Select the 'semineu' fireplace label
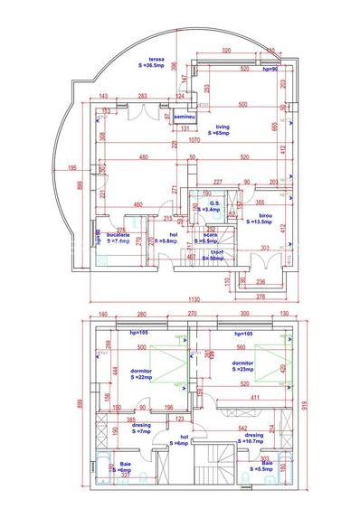coord(185,118)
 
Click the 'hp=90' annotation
coord(273,69)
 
